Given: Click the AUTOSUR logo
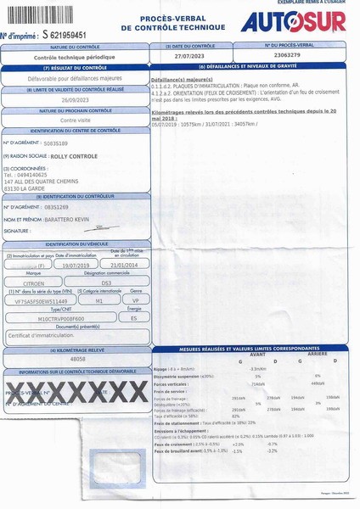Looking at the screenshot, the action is [x=293, y=23].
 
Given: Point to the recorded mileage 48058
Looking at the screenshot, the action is [x=79, y=359].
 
